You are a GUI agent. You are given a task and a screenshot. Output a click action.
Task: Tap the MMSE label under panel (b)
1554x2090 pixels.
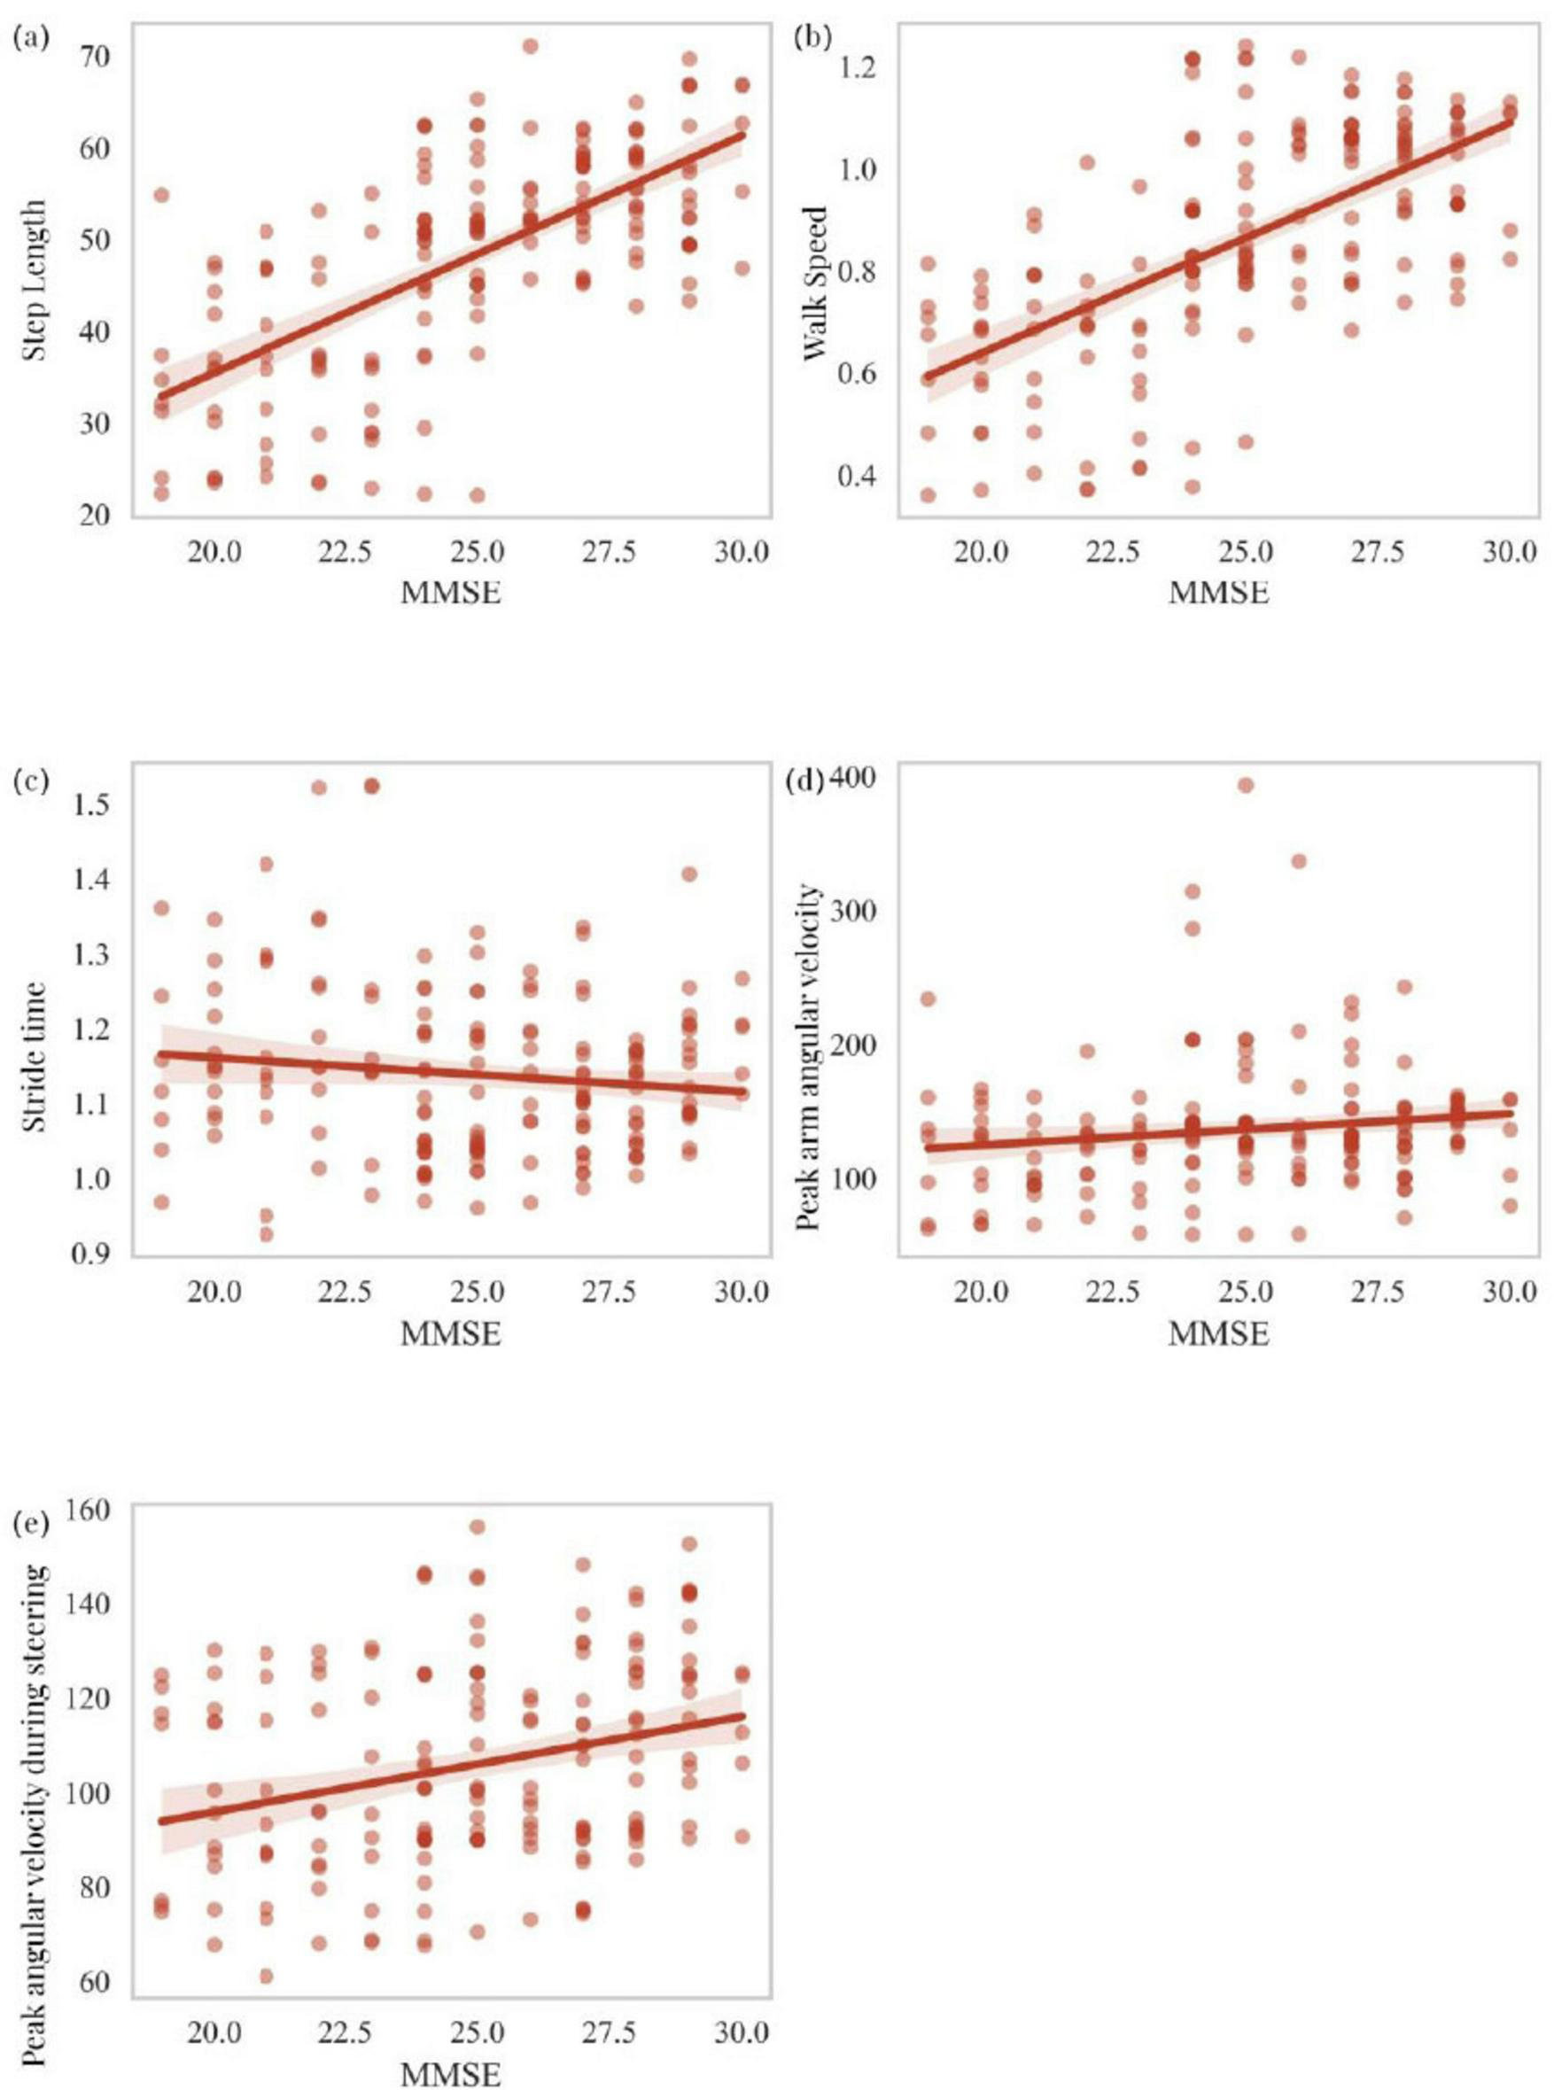click(x=1218, y=594)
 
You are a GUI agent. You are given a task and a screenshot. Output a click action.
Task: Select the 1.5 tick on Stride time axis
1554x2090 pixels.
click(x=91, y=804)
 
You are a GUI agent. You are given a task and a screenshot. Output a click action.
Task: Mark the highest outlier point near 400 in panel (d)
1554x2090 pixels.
click(x=1246, y=785)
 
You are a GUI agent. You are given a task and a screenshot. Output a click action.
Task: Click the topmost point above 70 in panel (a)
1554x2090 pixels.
click(x=531, y=46)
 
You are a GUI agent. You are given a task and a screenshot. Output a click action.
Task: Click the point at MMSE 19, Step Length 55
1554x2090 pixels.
click(x=161, y=195)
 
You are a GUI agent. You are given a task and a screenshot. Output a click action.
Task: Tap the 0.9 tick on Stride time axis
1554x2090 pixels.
click(x=91, y=1254)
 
